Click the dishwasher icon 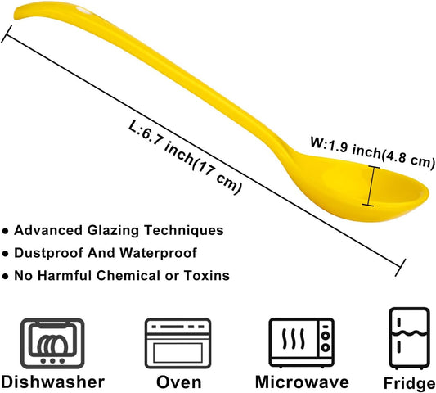click(52, 343)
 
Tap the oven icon click(178, 343)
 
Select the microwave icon click(301, 342)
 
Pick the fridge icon click(409, 338)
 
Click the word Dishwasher click(52, 382)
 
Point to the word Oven click(179, 382)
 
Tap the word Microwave click(302, 382)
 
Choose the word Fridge click(410, 383)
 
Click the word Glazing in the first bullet click(113, 230)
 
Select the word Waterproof click(158, 253)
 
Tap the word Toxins click(207, 275)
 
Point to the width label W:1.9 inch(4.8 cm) click(372, 151)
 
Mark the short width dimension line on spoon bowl click(371, 186)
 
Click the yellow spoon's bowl click(362, 189)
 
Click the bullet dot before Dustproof click(5, 254)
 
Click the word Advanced click(48, 230)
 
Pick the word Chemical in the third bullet click(128, 275)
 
